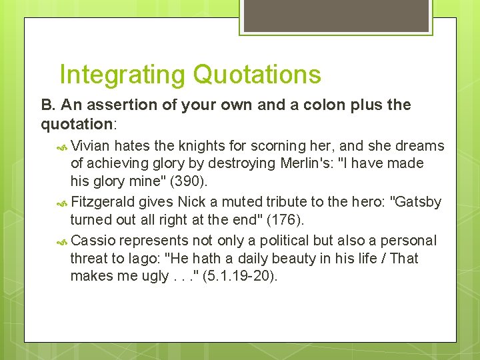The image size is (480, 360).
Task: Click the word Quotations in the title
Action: (x=257, y=75)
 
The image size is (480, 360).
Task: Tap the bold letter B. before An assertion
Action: (x=47, y=105)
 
